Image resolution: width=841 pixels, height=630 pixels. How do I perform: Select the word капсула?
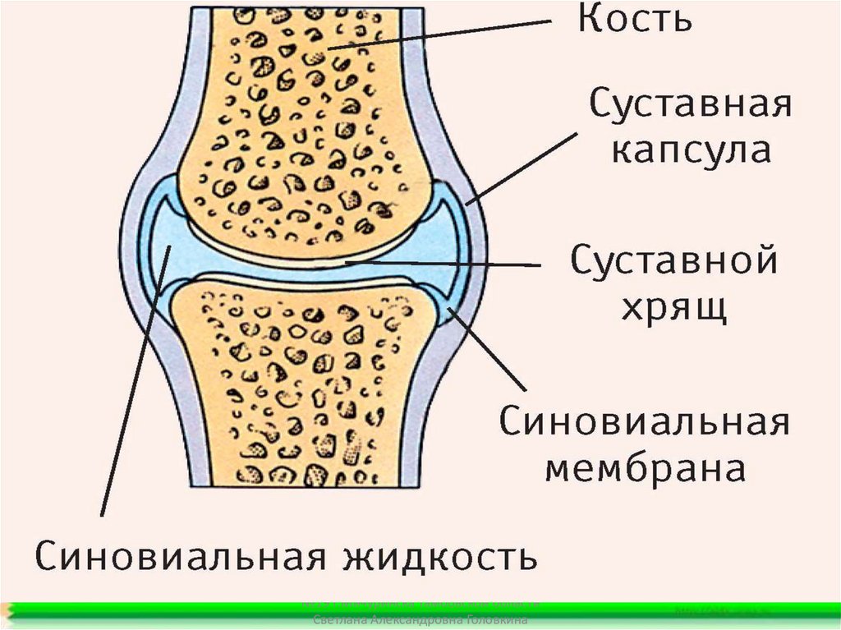coord(692,153)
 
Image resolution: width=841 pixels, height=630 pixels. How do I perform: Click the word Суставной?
coord(673,262)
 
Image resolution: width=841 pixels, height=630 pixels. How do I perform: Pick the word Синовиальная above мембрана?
coord(645,424)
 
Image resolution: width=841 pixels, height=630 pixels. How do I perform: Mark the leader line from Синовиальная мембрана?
coord(489,349)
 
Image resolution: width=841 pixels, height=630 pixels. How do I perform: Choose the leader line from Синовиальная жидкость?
coord(131,386)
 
